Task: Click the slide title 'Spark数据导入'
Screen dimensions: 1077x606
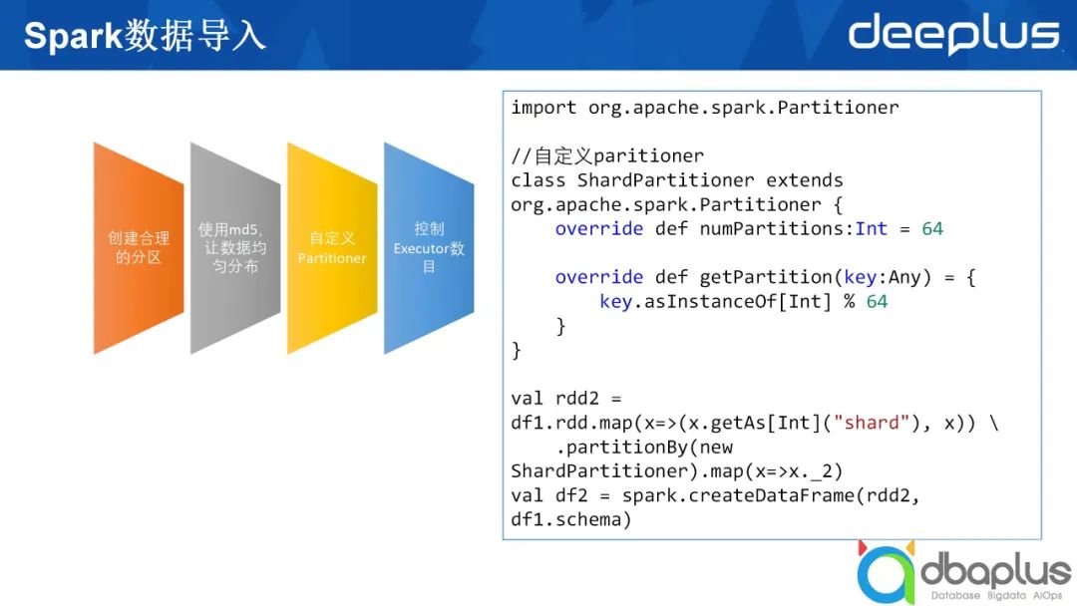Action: [x=145, y=36]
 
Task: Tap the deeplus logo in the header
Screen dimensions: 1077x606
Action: [x=954, y=34]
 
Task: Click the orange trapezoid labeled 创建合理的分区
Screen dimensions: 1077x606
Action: [x=139, y=248]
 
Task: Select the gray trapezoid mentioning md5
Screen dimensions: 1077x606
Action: [x=235, y=248]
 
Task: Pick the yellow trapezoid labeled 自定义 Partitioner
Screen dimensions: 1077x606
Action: [x=332, y=248]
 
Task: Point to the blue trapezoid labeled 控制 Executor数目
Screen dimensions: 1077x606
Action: [x=429, y=248]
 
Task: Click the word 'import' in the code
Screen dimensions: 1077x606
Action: [x=544, y=108]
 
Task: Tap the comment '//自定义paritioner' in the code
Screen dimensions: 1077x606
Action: [x=607, y=155]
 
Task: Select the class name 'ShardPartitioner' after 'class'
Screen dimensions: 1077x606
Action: [x=665, y=180]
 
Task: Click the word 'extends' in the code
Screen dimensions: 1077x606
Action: [x=805, y=180]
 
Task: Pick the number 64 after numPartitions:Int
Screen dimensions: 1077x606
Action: [x=932, y=228]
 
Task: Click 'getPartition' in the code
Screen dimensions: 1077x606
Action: [x=766, y=277]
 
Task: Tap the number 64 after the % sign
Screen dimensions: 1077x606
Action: [x=877, y=301]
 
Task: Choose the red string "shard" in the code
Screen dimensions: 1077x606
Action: [x=871, y=423]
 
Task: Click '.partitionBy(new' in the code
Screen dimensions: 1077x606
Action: [x=644, y=448]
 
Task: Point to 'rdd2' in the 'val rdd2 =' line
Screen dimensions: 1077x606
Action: [x=577, y=399]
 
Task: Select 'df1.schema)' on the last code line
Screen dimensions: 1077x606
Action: [x=570, y=519]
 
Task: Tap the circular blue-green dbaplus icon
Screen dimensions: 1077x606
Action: [x=887, y=574]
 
